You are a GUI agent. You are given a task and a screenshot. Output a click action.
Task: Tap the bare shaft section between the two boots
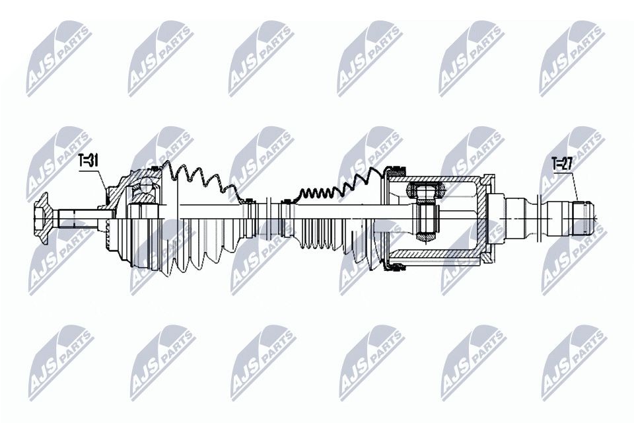tap(267, 215)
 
